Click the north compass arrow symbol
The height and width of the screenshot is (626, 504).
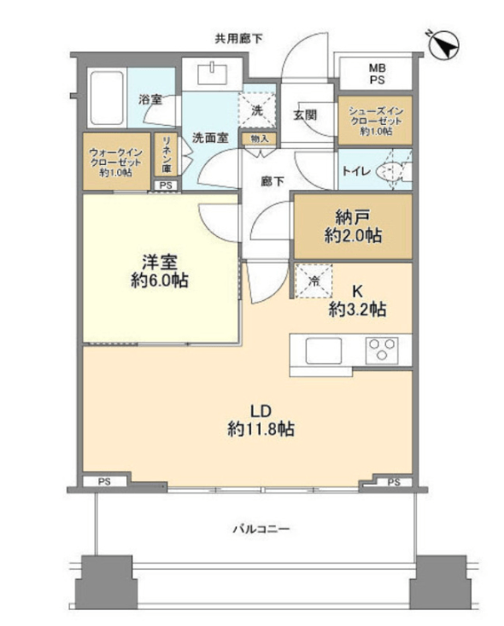(444, 44)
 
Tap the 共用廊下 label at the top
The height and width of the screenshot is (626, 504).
(239, 38)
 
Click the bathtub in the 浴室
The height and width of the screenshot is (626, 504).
(107, 97)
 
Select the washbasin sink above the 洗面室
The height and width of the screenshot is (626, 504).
(213, 74)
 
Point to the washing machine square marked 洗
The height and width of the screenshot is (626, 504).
(257, 110)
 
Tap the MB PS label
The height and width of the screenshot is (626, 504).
(377, 74)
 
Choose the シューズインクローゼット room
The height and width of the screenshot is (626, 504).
(375, 121)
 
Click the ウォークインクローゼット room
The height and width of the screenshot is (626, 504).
(116, 162)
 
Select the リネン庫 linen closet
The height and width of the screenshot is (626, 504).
(167, 155)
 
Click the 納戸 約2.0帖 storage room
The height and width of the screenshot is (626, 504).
(353, 227)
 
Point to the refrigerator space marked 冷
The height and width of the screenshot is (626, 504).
(314, 281)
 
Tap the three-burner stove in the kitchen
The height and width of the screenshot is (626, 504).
(382, 349)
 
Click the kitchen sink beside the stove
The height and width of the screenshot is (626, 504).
(324, 351)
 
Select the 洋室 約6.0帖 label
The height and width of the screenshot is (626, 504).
(160, 271)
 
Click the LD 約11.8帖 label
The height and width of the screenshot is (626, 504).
(261, 421)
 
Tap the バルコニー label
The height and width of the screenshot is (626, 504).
(261, 529)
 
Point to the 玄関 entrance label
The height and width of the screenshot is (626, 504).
(305, 115)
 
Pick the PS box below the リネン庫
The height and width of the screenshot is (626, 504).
(166, 186)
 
